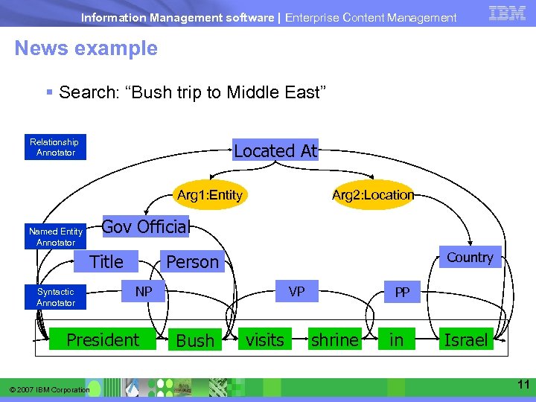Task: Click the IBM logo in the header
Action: (x=507, y=13)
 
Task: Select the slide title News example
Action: (x=86, y=48)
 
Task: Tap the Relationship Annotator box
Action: (x=54, y=147)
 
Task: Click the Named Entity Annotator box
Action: (x=56, y=237)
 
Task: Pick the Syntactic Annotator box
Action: (x=56, y=297)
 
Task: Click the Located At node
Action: (x=275, y=151)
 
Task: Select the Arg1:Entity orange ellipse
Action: (x=210, y=195)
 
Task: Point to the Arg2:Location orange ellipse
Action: (x=372, y=195)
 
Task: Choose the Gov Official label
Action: (x=145, y=226)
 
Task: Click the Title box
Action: (x=106, y=261)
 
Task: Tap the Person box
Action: (x=192, y=262)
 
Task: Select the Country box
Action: (x=470, y=258)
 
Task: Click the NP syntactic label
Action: (x=144, y=292)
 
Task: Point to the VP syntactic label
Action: (x=296, y=292)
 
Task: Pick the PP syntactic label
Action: (x=402, y=293)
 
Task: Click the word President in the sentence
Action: (x=103, y=340)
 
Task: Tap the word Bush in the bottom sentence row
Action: (x=196, y=341)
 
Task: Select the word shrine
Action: (x=334, y=340)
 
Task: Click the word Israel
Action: (x=465, y=340)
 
